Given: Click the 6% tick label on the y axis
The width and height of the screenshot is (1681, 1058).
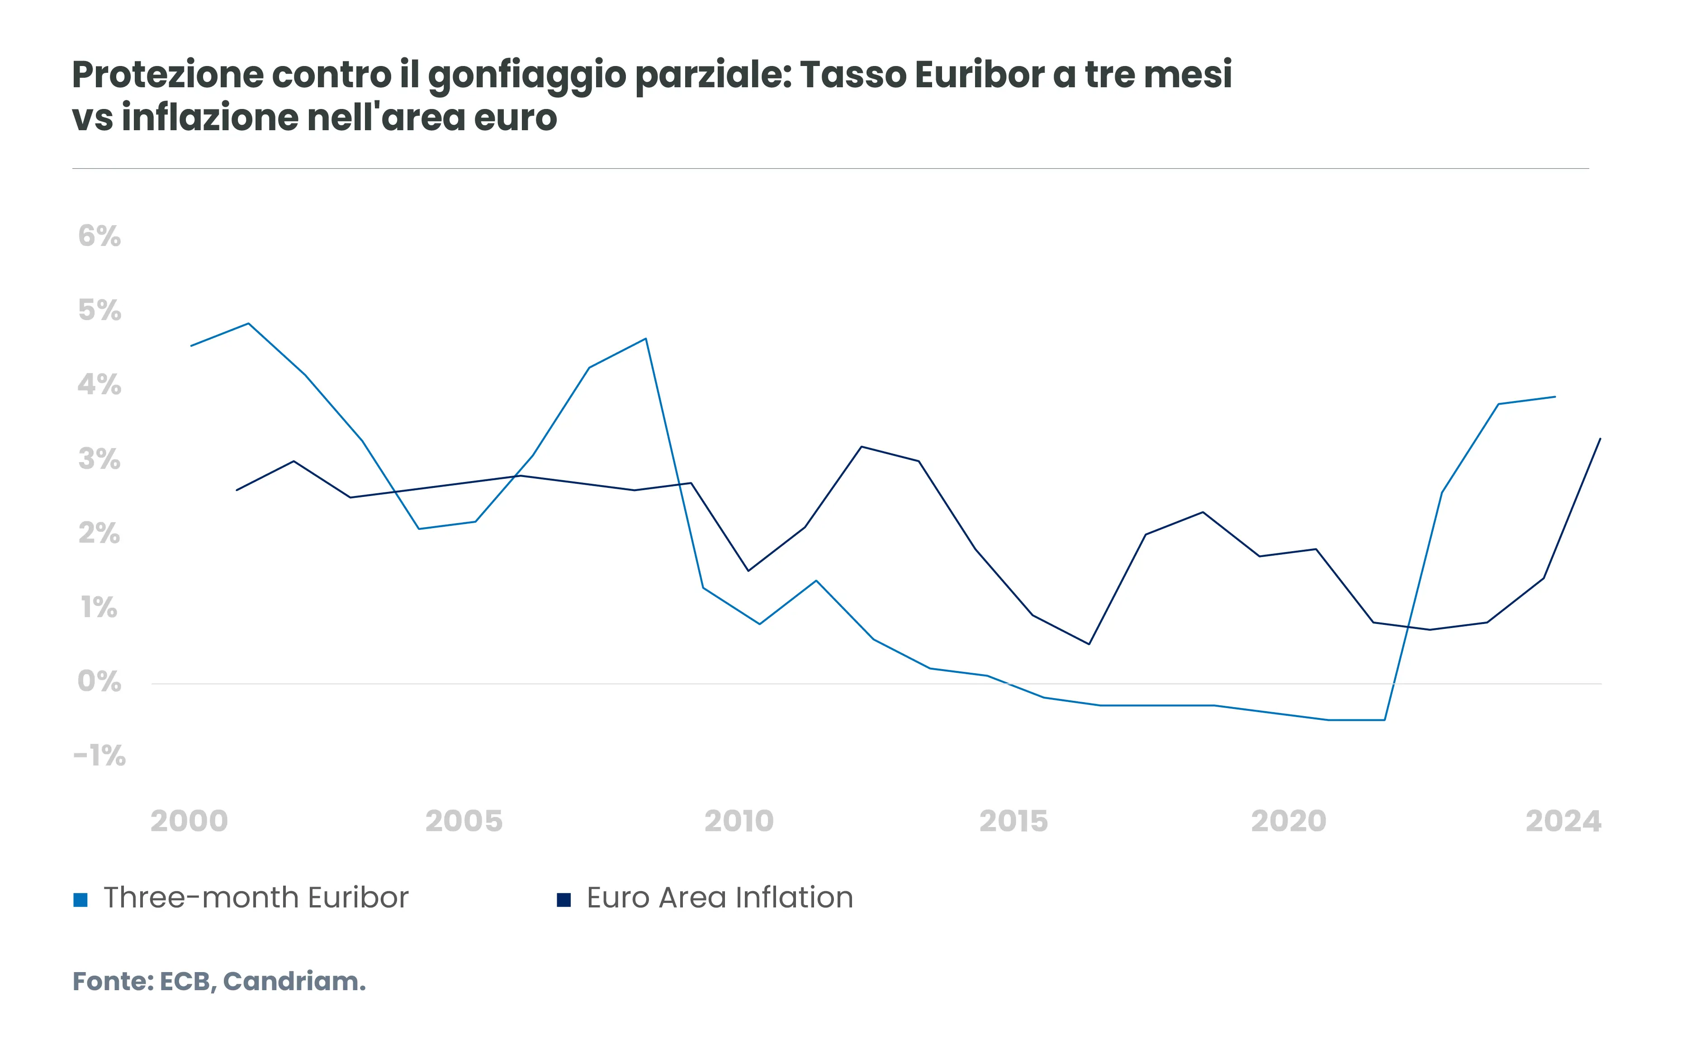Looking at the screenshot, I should click(x=99, y=236).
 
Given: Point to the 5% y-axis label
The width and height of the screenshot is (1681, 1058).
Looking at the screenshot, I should click(x=99, y=311).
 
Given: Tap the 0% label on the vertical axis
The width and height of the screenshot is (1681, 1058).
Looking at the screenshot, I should click(x=99, y=682).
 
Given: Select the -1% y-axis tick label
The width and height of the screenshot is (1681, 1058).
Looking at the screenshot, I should click(x=99, y=756).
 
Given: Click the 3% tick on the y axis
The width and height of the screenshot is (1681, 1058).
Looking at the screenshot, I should click(x=99, y=459).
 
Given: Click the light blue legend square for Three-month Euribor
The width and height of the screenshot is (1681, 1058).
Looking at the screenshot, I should click(x=80, y=900).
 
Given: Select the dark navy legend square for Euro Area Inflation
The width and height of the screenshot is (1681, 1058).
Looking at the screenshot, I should click(x=563, y=900).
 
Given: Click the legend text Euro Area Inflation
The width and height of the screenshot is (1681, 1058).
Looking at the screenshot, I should click(x=720, y=898).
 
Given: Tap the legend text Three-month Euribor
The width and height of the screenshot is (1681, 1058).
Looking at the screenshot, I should click(x=256, y=898).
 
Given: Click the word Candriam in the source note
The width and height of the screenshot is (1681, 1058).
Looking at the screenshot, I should click(x=293, y=982).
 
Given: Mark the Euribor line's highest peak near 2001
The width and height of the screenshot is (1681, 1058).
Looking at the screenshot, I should click(x=249, y=324).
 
